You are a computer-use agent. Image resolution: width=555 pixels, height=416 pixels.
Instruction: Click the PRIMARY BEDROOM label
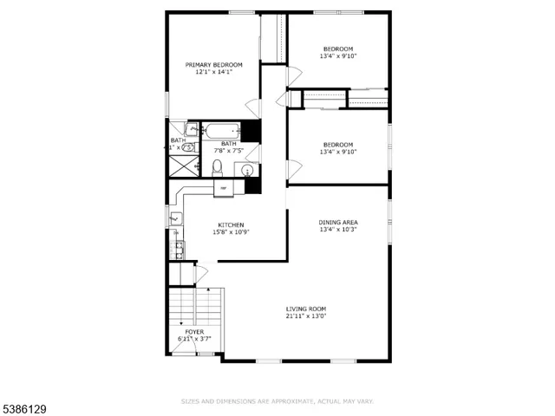click(213, 65)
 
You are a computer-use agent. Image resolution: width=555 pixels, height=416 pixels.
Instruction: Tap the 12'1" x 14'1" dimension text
click(213, 73)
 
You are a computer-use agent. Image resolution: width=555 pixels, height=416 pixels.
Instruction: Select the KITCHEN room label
click(230, 224)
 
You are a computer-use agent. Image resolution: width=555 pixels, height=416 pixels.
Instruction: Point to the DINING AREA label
click(338, 223)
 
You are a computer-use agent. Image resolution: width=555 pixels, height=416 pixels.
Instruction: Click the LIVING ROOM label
click(306, 309)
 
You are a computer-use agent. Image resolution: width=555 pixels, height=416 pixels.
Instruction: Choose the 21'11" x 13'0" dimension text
click(306, 316)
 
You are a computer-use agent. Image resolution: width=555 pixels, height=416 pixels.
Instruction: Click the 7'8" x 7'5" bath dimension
click(230, 151)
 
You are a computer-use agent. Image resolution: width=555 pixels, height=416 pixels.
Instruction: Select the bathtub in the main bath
click(221, 133)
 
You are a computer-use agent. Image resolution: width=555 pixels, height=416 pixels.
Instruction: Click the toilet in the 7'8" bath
click(219, 167)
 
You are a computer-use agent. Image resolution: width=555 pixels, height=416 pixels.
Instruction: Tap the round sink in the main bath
click(239, 169)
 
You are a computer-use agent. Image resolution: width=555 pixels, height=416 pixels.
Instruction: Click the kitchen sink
click(176, 218)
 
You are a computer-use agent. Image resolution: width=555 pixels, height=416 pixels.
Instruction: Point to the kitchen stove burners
click(179, 250)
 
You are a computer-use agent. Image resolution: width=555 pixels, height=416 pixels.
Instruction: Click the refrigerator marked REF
click(223, 187)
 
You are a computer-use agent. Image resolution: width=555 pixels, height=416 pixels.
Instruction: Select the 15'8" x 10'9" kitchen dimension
click(230, 232)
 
